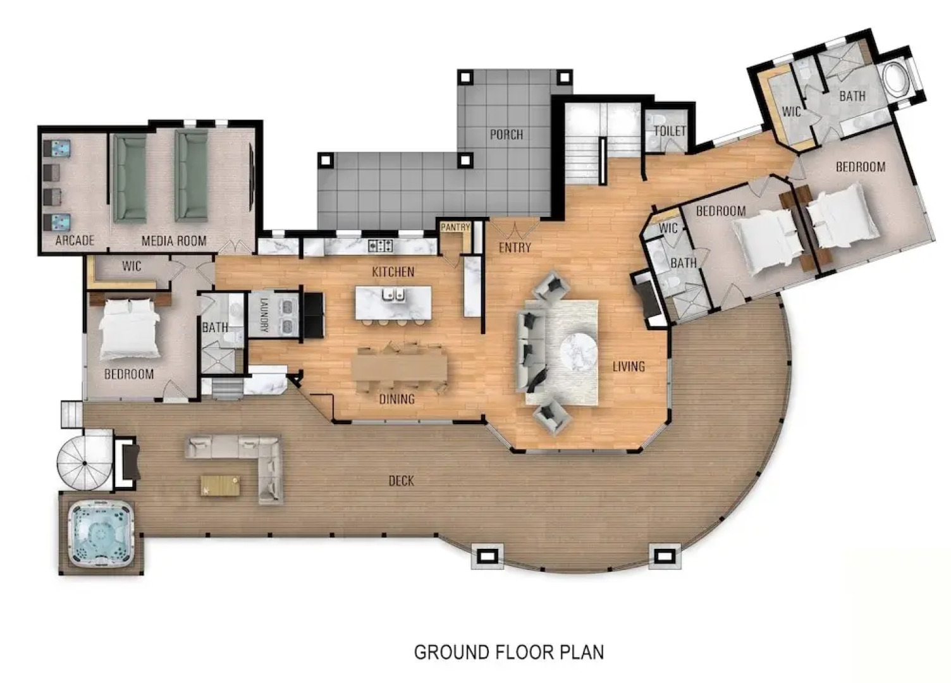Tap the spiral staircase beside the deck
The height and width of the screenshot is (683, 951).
point(84,459)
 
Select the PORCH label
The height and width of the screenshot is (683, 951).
point(506,135)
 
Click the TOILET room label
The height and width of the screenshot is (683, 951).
point(669,131)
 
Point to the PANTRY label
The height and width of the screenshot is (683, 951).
point(455,227)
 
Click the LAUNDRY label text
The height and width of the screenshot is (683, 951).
point(264,314)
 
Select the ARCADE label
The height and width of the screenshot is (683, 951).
point(75,240)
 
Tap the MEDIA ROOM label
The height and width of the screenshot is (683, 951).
point(174,240)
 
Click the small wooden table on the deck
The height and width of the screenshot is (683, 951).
point(220,485)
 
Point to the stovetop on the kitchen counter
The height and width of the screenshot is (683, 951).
point(381,245)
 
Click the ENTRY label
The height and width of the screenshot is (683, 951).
point(515,248)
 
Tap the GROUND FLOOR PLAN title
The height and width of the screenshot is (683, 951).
point(508,652)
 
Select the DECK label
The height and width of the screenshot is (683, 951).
point(401,481)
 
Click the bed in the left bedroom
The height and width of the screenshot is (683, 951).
point(129,328)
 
